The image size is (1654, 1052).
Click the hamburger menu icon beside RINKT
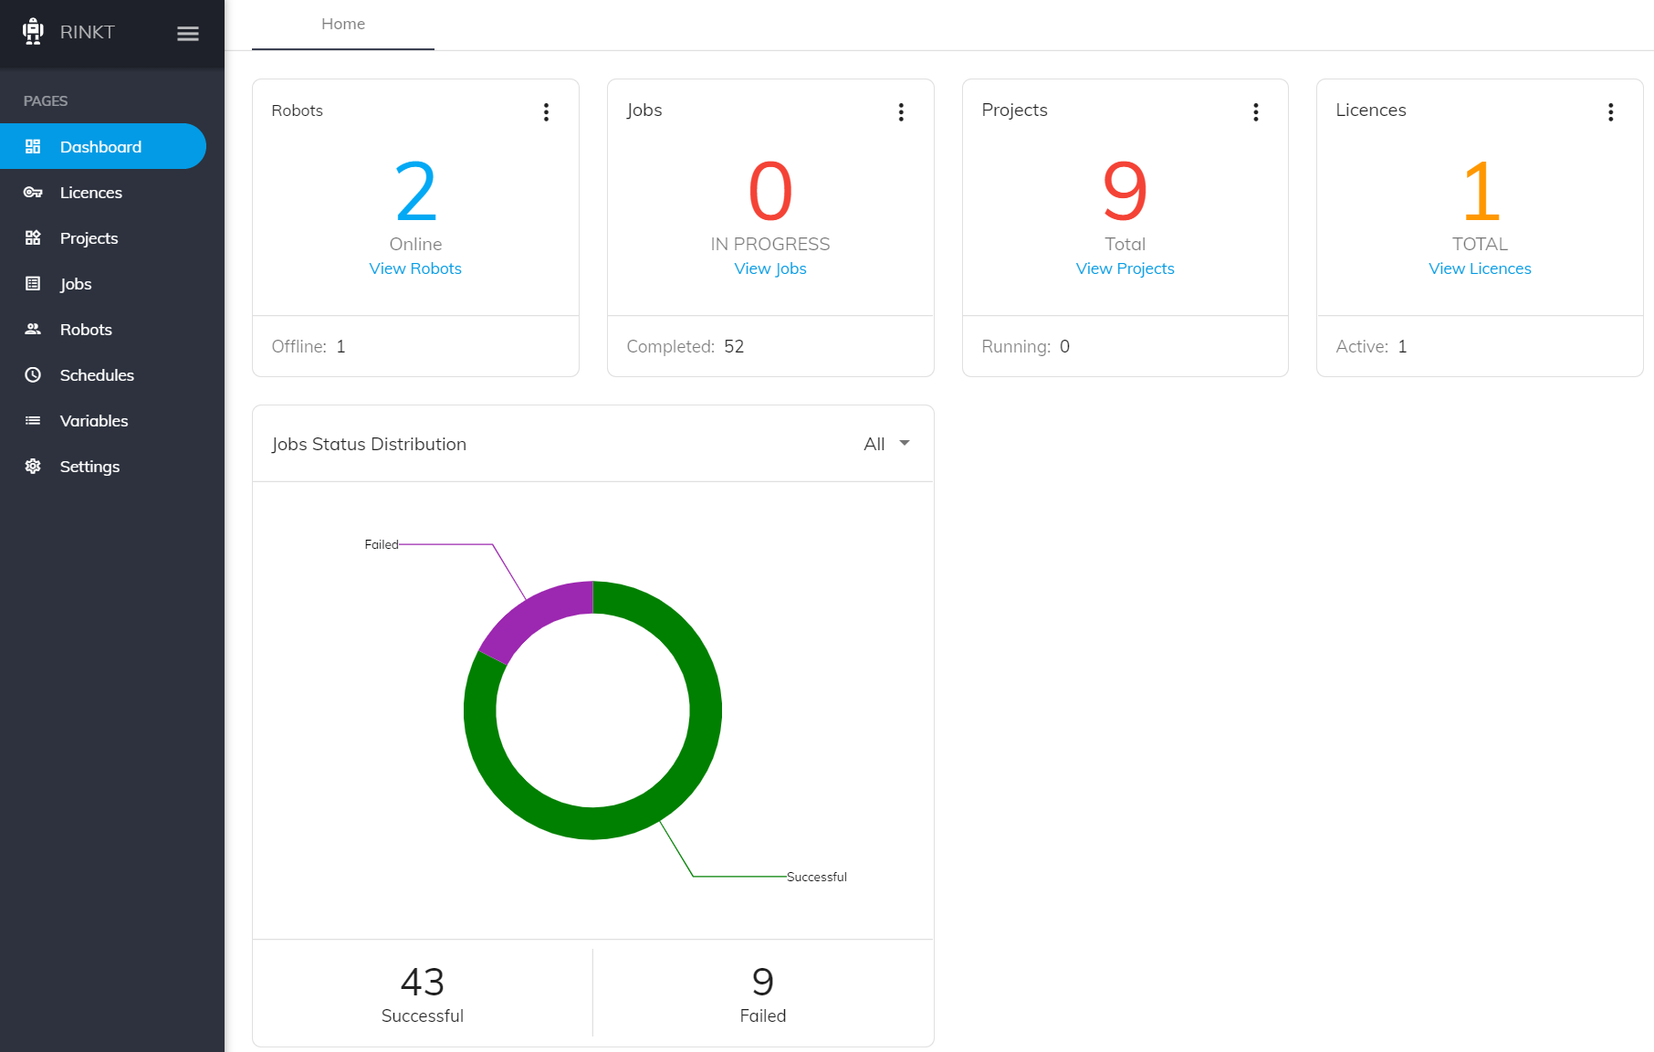click(x=188, y=34)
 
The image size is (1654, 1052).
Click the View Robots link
click(x=415, y=268)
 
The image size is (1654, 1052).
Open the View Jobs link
click(x=770, y=268)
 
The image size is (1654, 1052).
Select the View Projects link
click(x=1125, y=268)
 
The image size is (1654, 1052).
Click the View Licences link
click(x=1480, y=268)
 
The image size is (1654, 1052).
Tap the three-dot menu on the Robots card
click(x=546, y=111)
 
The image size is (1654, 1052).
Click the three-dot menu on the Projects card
click(x=1256, y=111)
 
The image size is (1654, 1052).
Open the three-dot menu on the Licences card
click(x=1611, y=111)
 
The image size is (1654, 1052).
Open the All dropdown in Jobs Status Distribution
click(x=886, y=444)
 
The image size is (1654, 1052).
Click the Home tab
click(x=343, y=24)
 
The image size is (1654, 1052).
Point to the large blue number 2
click(x=416, y=192)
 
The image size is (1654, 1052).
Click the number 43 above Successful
click(x=423, y=982)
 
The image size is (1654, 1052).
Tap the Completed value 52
click(x=734, y=346)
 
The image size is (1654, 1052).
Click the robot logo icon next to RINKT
click(x=33, y=32)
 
